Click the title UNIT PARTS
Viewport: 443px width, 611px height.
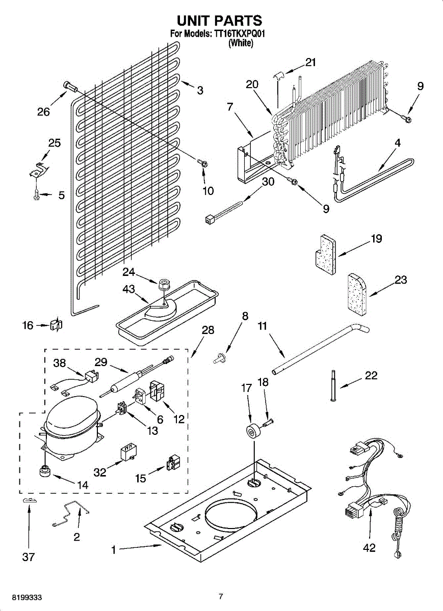point(219,20)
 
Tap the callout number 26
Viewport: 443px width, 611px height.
point(43,112)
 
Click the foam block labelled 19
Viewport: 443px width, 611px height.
point(324,254)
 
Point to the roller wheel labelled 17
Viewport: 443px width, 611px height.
point(250,432)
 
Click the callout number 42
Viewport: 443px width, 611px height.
point(369,548)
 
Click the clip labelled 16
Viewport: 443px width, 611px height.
point(56,324)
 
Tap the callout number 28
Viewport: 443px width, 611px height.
point(207,330)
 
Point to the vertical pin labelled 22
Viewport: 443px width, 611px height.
point(332,387)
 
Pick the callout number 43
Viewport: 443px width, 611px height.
point(128,289)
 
